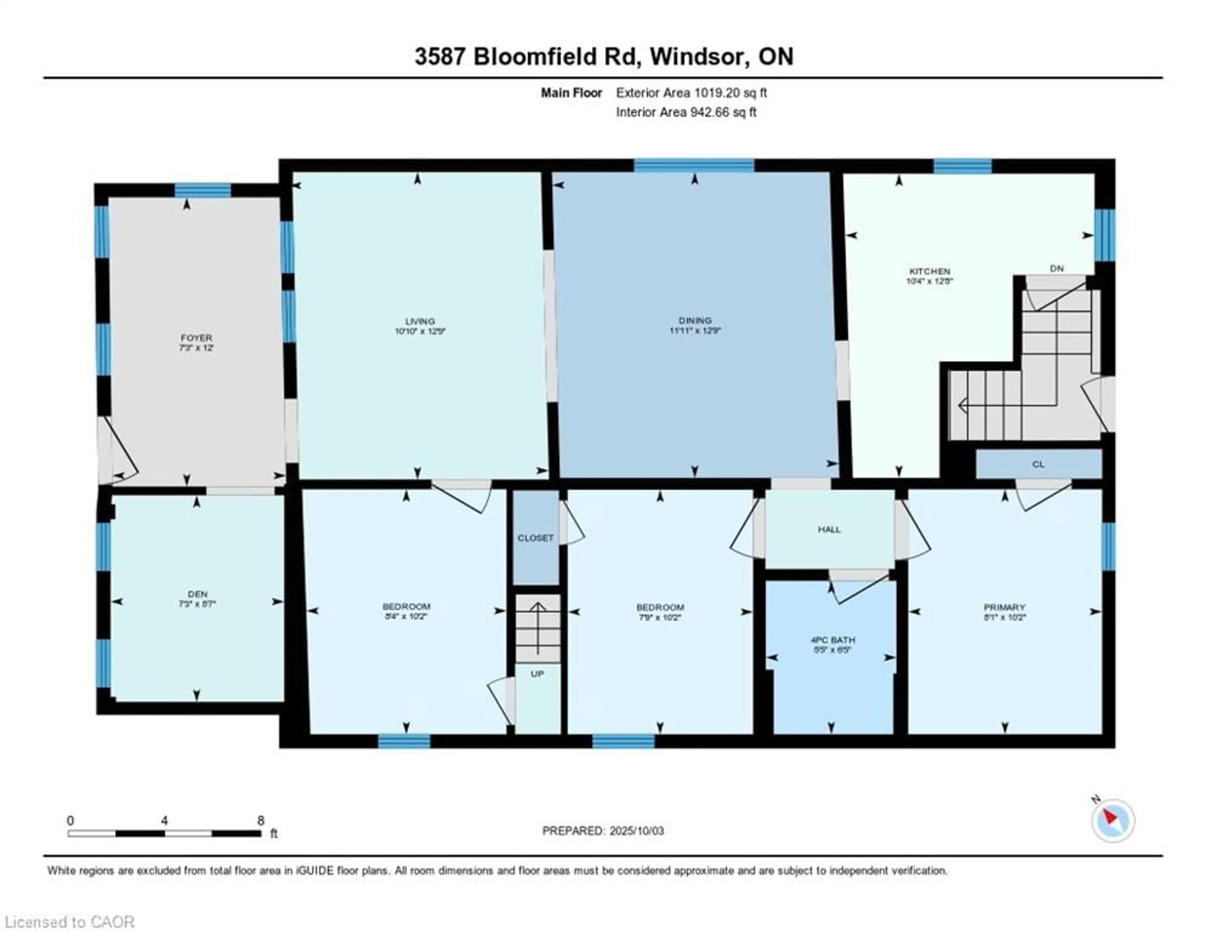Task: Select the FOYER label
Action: pyautogui.click(x=196, y=337)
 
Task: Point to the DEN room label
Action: pyautogui.click(x=197, y=594)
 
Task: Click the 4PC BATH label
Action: pyautogui.click(x=833, y=639)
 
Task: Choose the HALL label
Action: pyautogui.click(x=829, y=529)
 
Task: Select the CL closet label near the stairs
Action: pyautogui.click(x=1038, y=464)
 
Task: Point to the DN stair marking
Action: pyautogui.click(x=1057, y=269)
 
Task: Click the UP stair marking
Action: pyautogui.click(x=537, y=674)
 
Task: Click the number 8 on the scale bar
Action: pyautogui.click(x=261, y=821)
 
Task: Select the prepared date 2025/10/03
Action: pyautogui.click(x=634, y=831)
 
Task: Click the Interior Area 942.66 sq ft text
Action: pyautogui.click(x=686, y=112)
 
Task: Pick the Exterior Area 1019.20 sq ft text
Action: pyautogui.click(x=691, y=93)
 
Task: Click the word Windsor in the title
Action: pyautogui.click(x=698, y=56)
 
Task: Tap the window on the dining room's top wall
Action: pyautogui.click(x=693, y=166)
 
